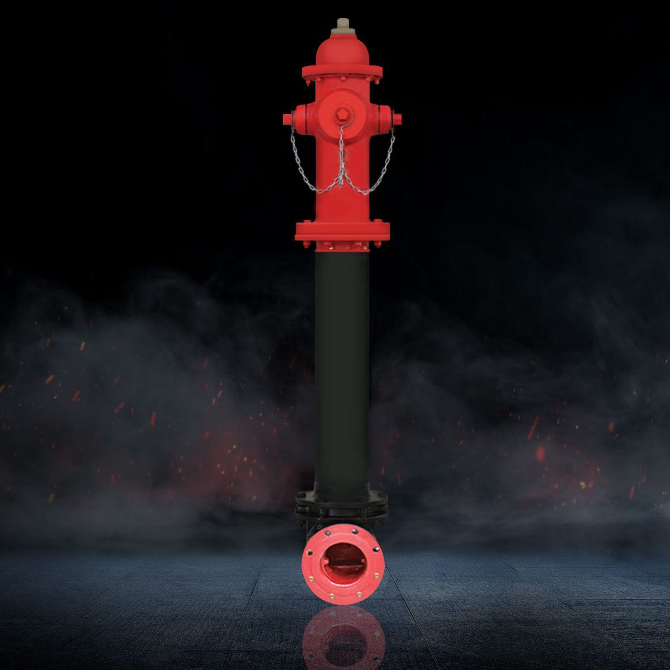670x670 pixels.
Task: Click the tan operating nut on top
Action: [342, 25]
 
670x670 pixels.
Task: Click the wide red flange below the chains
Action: [342, 230]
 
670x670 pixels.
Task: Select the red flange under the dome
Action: [342, 72]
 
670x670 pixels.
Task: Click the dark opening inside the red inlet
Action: [343, 562]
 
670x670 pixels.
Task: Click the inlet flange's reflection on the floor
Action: [343, 638]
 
